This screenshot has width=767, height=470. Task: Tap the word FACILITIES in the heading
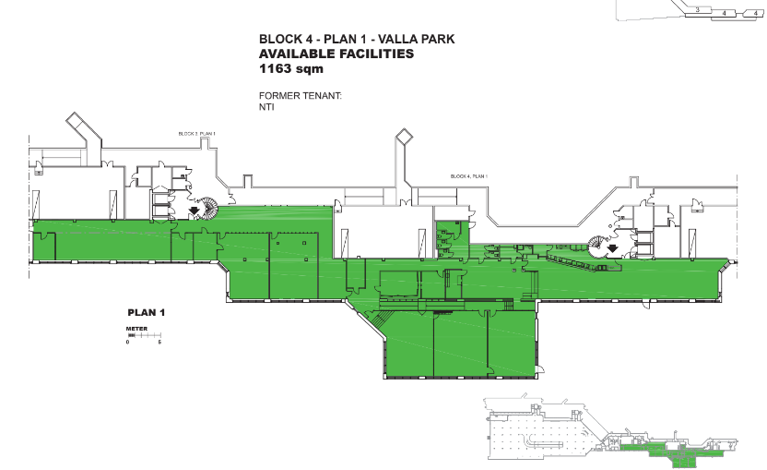[376, 54]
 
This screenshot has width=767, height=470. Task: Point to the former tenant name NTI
[267, 106]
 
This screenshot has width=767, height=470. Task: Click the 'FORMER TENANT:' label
[301, 95]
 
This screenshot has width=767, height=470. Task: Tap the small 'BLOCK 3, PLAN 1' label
[196, 134]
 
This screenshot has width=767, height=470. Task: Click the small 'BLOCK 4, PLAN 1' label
[468, 175]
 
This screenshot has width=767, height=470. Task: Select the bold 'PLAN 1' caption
[146, 313]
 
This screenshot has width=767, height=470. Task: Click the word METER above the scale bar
[136, 329]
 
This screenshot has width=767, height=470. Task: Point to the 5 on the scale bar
[160, 343]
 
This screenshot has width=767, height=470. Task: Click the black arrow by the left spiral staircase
[194, 211]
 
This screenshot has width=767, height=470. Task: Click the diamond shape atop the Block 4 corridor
[404, 138]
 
